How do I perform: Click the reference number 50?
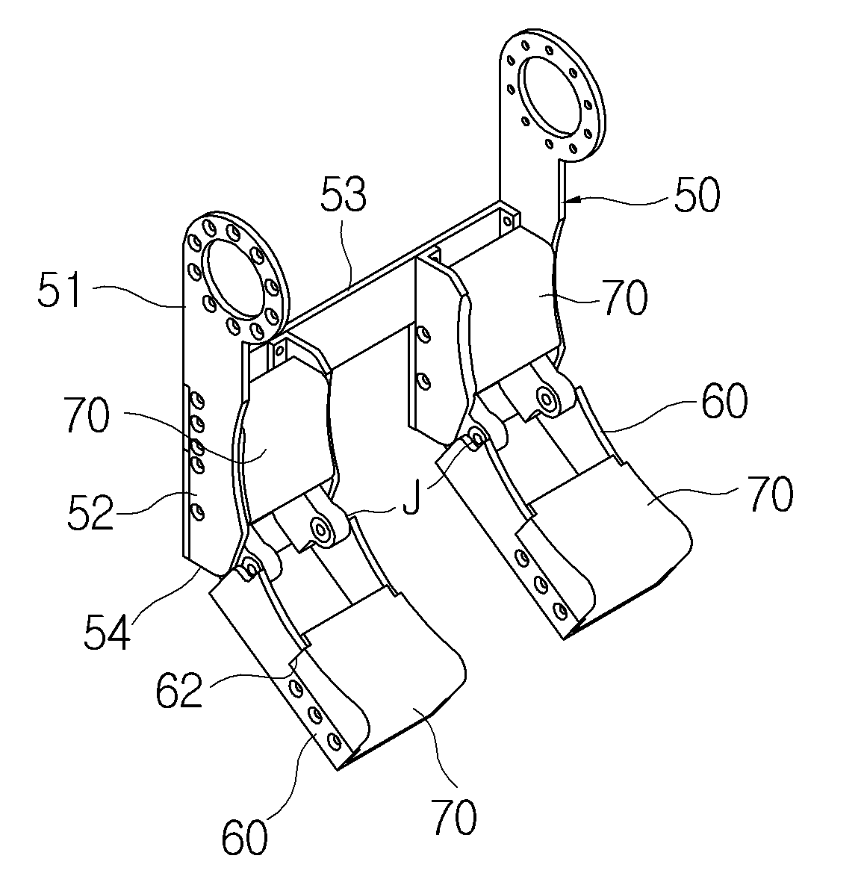coord(697,195)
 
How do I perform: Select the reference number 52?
coord(90,512)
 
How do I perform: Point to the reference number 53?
coord(344,193)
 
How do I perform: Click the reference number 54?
coord(108,631)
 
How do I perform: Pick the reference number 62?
coord(179,690)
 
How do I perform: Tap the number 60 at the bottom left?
coord(244,836)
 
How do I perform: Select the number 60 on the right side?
coord(724,401)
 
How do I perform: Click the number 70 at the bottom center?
coord(454,816)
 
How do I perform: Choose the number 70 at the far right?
coord(770,494)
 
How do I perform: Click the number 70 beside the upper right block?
coord(626,297)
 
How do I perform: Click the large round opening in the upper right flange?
coord(551,95)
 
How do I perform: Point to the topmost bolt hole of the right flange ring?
coord(550,51)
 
